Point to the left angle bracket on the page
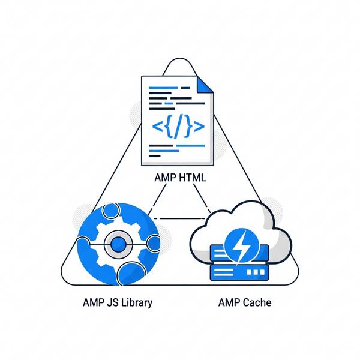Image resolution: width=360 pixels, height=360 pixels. coord(158,127)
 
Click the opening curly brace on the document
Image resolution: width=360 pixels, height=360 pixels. coord(168,127)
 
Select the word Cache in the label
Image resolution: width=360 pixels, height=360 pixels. coord(257,302)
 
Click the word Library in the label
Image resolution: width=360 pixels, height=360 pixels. coord(135,302)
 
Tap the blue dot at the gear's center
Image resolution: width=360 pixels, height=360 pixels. coord(118,244)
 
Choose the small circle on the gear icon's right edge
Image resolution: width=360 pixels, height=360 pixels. coord(152,244)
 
